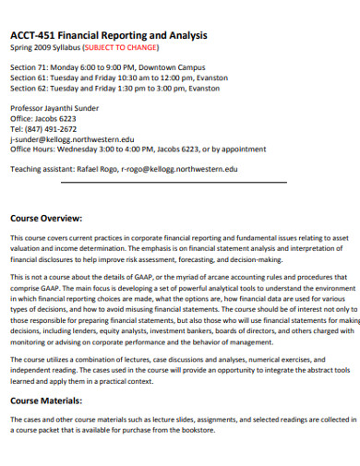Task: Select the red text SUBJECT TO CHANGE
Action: pos(121,48)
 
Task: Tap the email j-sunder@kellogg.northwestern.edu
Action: pos(71,139)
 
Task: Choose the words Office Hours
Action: pos(32,149)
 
